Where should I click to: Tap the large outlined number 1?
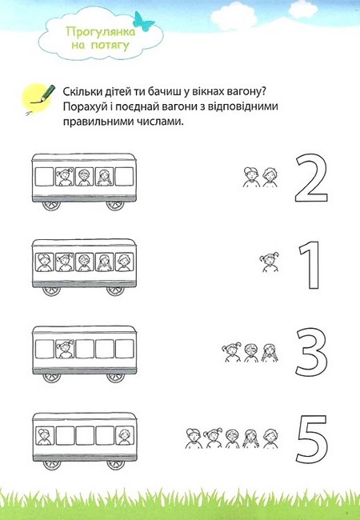tap(310, 263)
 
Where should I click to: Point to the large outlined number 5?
tap(311, 435)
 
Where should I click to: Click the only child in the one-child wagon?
tap(65, 349)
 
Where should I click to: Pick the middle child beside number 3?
tap(250, 351)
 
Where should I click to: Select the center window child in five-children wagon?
tap(84, 262)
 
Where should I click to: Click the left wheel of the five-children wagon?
tap(50, 288)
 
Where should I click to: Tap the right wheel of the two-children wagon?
tap(115, 462)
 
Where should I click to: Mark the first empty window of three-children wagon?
tap(45, 176)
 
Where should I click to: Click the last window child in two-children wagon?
tap(123, 436)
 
